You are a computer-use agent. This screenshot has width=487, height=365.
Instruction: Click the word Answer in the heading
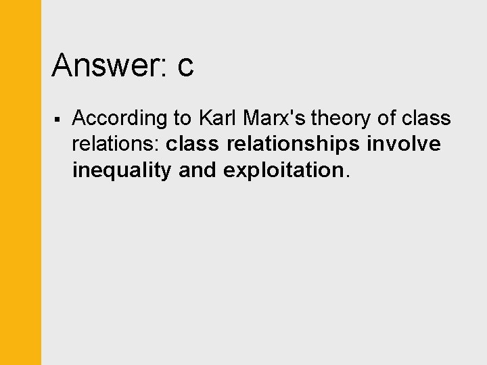(x=108, y=66)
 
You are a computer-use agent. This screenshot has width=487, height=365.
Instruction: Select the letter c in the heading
(x=185, y=68)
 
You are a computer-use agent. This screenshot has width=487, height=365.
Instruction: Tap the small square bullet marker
(x=58, y=120)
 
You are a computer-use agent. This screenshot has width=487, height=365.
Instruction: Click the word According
(x=120, y=119)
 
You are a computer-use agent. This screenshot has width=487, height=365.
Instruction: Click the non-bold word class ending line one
(x=426, y=118)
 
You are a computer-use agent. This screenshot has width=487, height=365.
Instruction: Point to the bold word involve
(x=404, y=144)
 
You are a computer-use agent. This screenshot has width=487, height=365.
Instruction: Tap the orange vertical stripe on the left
(x=20, y=182)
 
